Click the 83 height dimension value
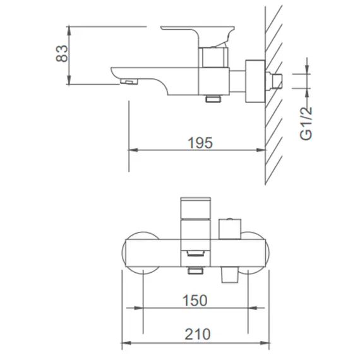pyautogui.click(x=61, y=54)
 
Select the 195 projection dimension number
pyautogui.click(x=200, y=142)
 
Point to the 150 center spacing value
pyautogui.click(x=195, y=301)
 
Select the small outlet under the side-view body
pyautogui.click(x=213, y=99)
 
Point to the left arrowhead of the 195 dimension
pyautogui.click(x=132, y=150)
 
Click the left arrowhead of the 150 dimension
pyautogui.click(x=148, y=309)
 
